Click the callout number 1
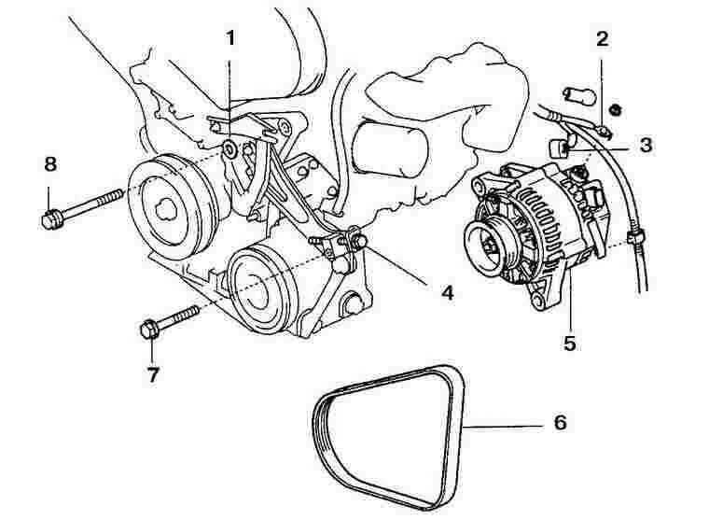(229, 39)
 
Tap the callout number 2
(603, 39)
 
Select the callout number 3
(647, 146)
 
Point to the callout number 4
(447, 292)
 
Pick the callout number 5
(569, 342)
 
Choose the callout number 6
(560, 422)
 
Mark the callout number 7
(152, 374)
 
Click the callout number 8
(50, 164)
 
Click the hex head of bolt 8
(52, 219)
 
